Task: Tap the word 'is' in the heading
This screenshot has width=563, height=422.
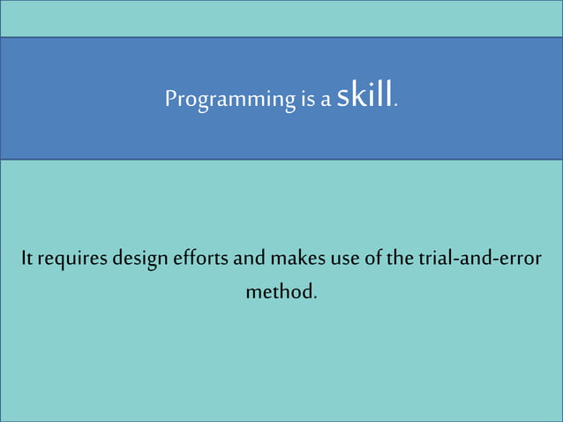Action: click(305, 99)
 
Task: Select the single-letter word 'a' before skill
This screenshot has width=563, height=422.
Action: click(326, 100)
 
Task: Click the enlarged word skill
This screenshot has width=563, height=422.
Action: click(364, 95)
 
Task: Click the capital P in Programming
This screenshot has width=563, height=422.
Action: click(170, 98)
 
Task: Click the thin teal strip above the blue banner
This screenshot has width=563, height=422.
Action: click(281, 19)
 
